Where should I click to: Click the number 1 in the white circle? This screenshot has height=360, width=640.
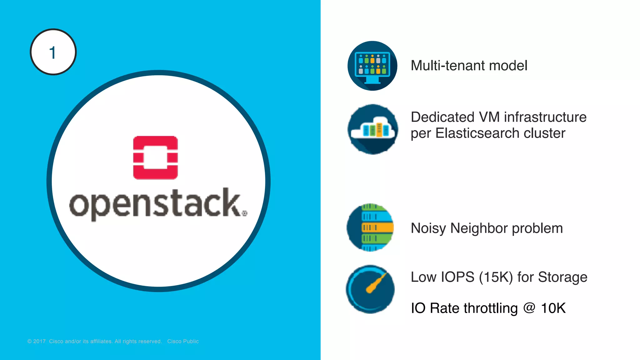[x=52, y=52]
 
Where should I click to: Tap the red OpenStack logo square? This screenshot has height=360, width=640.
[x=155, y=157]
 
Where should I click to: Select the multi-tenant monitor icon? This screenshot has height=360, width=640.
[x=372, y=66]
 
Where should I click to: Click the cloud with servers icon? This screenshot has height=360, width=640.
[x=373, y=129]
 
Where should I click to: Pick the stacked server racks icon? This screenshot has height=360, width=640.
[x=371, y=227]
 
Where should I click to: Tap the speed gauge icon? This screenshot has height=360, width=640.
[x=370, y=289]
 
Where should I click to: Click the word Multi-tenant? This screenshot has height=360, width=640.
[x=448, y=66]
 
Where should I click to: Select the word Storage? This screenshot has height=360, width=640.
[x=562, y=277]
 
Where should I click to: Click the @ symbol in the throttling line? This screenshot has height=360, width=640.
[x=529, y=308]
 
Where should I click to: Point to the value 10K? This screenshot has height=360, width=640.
[x=553, y=308]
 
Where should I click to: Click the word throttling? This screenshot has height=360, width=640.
[x=491, y=308]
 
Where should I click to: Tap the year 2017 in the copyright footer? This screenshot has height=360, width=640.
[x=39, y=341]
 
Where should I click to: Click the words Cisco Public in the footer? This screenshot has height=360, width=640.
[x=183, y=341]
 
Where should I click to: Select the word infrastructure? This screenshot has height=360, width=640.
[x=545, y=117]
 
